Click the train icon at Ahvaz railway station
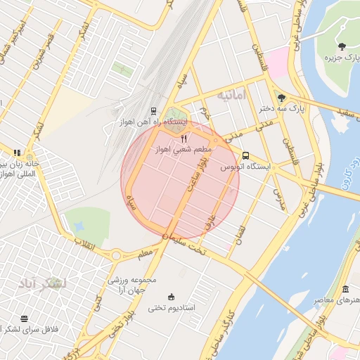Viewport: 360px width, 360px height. (153, 111)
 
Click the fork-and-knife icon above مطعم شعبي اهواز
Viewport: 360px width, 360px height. (184, 139)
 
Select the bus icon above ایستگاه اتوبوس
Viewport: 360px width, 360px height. (245, 155)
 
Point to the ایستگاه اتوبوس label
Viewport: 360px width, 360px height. (245, 167)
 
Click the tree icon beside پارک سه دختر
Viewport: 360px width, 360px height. (281, 98)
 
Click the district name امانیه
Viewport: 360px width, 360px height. (232, 94)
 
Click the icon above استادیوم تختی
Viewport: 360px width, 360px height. (171, 297)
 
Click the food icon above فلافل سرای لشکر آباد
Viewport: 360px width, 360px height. (25, 319)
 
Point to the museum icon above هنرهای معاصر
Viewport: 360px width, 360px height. (345, 290)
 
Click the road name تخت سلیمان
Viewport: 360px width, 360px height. (185, 245)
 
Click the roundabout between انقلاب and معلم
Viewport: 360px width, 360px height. (116, 255)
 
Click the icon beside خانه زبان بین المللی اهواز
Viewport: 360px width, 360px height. (17, 153)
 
